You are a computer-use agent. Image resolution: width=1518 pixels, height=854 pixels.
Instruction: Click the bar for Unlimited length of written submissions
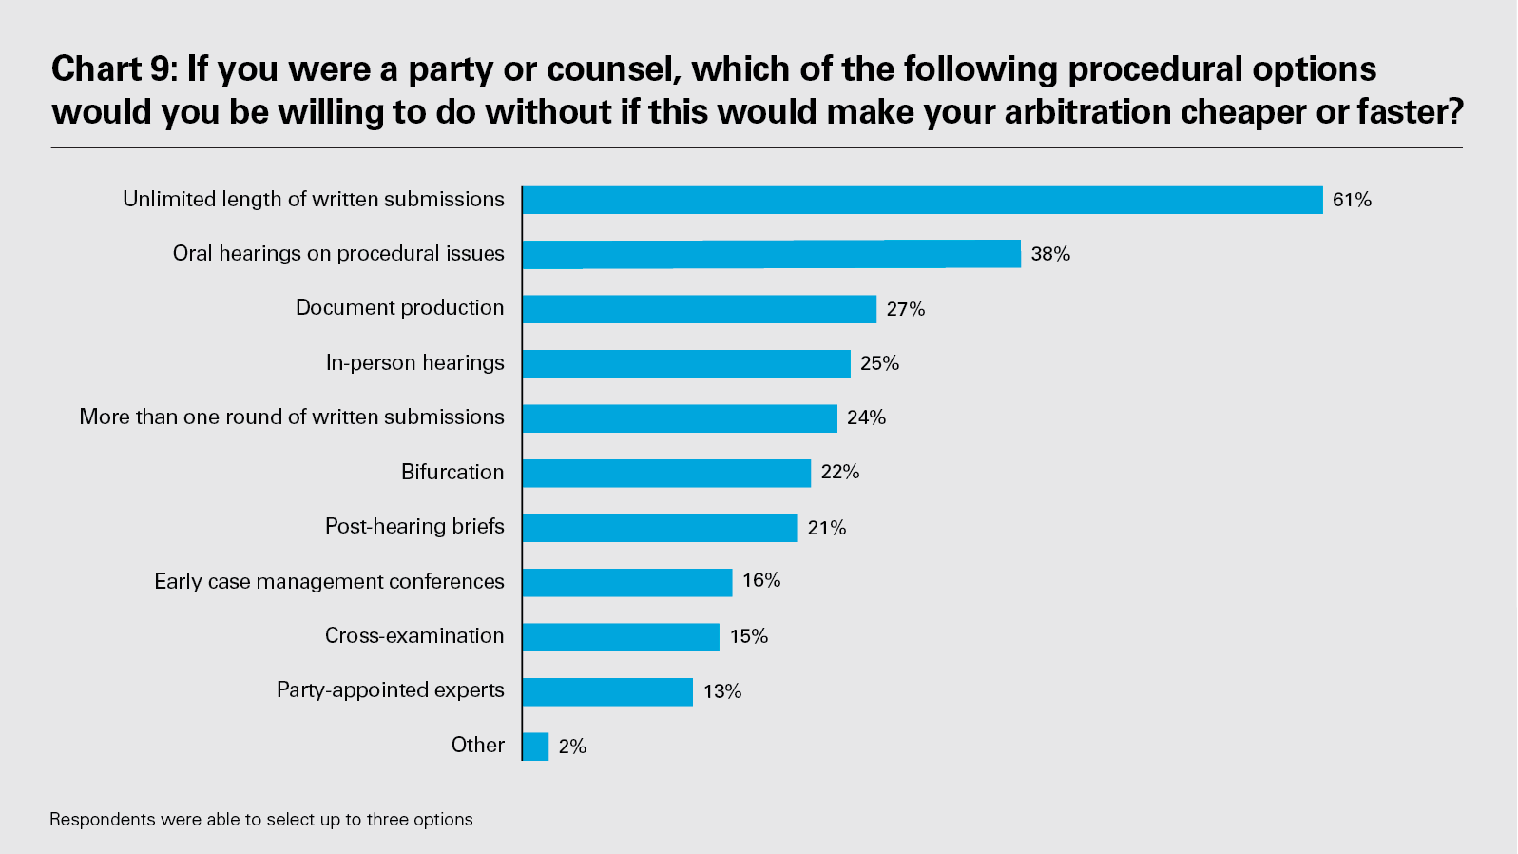922,200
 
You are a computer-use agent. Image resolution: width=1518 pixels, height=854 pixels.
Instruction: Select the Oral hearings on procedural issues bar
771,254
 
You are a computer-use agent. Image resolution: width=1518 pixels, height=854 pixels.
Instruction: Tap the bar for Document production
699,309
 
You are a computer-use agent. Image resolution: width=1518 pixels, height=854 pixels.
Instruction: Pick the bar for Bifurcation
666,473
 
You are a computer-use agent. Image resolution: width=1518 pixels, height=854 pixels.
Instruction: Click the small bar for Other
535,747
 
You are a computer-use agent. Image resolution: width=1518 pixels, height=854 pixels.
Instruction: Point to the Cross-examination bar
621,637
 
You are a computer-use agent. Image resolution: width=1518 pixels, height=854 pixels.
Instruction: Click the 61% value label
1352,200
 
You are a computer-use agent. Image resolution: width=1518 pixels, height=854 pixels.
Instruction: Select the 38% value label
1050,254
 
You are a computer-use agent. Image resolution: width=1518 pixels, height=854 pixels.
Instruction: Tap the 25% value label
879,363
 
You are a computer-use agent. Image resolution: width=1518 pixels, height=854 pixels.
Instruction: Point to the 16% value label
761,580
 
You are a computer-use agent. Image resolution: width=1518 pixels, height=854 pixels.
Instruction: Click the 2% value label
572,747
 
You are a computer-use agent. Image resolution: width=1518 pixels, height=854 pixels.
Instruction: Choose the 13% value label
722,691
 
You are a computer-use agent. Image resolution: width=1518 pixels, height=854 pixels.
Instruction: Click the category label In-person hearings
414,362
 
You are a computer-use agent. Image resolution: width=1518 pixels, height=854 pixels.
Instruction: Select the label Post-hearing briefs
414,526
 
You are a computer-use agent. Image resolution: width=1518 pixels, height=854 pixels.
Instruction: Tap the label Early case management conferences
329,581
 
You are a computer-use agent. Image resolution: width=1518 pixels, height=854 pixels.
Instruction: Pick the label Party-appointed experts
390,689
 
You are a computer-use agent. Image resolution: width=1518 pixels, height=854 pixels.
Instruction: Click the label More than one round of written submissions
292,417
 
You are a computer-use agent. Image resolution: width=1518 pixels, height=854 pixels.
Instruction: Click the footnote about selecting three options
260,820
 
